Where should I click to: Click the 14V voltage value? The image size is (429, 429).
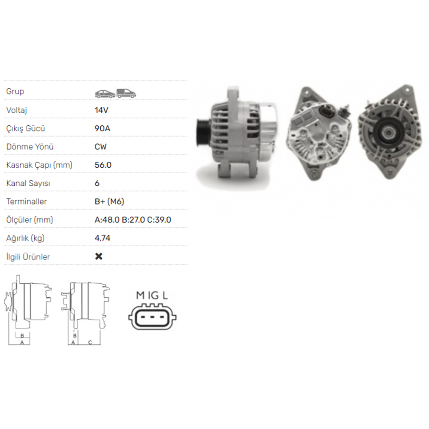pyautogui.click(x=101, y=110)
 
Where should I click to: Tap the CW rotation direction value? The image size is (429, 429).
pyautogui.click(x=100, y=147)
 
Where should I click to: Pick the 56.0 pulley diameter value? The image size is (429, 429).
pyautogui.click(x=103, y=165)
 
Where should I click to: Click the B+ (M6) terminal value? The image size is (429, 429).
pyautogui.click(x=109, y=202)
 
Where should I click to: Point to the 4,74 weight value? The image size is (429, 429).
pyautogui.click(x=102, y=238)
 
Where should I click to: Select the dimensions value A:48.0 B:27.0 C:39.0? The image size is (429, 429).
pyautogui.click(x=133, y=220)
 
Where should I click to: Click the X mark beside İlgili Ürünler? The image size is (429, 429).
pyautogui.click(x=99, y=257)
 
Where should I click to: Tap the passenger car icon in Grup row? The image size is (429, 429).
pyautogui.click(x=105, y=93)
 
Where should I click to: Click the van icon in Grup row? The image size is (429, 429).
pyautogui.click(x=126, y=93)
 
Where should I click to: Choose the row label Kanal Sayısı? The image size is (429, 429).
pyautogui.click(x=28, y=183)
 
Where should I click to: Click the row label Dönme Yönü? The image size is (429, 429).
pyautogui.click(x=30, y=147)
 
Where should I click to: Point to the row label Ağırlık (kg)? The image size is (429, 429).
pyautogui.click(x=25, y=238)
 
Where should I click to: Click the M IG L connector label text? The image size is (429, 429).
pyautogui.click(x=152, y=295)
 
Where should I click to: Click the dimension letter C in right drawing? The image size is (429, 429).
pyautogui.click(x=90, y=342)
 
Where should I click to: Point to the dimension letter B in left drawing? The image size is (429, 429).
pyautogui.click(x=21, y=335)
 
